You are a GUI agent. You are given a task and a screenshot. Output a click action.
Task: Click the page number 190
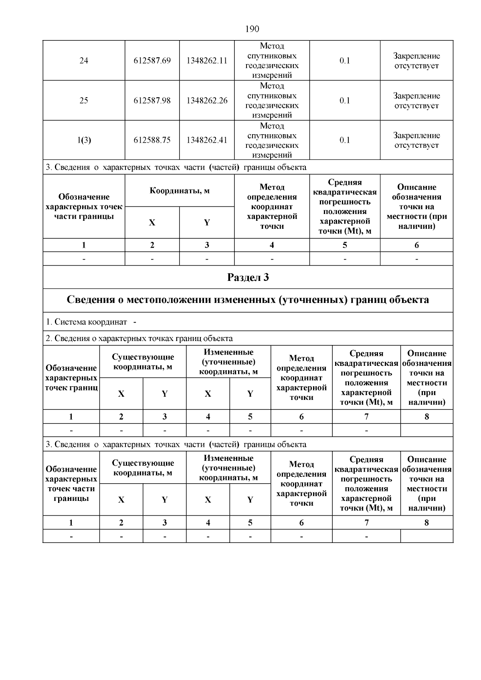252,29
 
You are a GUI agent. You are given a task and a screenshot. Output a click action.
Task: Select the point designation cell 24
84,61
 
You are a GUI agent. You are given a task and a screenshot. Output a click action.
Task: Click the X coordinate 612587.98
152,101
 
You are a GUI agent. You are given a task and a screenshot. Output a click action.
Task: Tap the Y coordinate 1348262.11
207,61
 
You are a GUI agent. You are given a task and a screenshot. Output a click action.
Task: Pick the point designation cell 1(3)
84,140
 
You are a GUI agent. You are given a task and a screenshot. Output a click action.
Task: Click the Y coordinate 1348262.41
207,140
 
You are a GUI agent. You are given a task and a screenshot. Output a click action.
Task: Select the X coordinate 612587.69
152,61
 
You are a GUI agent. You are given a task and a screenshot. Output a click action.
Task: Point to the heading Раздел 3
248,277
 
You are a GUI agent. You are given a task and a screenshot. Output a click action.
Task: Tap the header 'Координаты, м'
180,191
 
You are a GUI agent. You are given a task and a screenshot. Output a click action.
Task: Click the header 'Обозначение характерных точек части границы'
84,207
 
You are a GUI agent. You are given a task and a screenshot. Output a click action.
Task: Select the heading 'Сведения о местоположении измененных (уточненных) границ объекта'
248,300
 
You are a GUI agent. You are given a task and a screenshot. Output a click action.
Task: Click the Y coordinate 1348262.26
207,101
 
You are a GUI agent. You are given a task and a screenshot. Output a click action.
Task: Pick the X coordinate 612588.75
152,140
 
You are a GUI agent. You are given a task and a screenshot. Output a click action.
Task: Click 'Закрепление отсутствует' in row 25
416,101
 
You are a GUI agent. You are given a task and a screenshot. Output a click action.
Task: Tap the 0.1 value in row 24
345,61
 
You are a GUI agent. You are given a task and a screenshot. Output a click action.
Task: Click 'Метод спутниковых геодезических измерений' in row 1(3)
272,140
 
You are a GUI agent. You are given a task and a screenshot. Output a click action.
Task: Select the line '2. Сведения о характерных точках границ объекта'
139,339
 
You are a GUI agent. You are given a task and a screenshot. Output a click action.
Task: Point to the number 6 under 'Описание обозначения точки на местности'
416,245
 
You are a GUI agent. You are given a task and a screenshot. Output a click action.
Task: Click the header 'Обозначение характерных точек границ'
71,377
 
